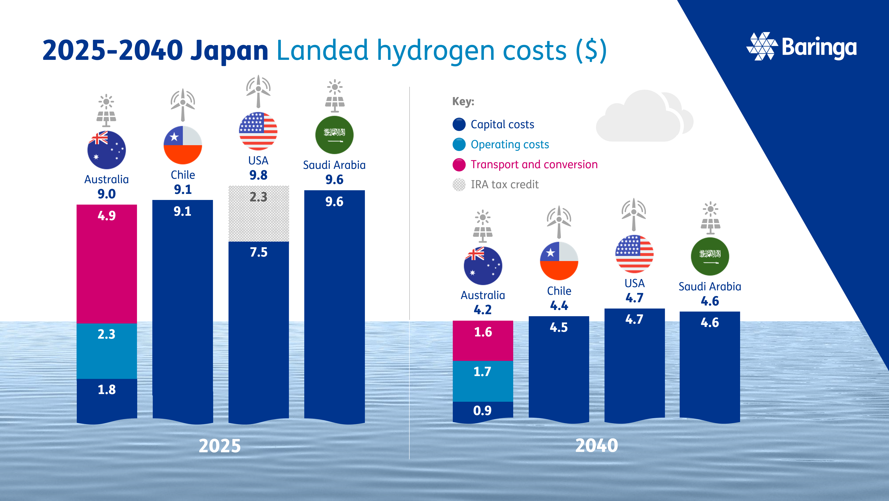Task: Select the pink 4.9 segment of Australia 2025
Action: click(107, 264)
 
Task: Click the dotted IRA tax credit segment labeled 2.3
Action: click(258, 213)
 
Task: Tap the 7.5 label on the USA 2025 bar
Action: click(258, 252)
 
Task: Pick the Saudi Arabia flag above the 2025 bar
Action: click(334, 135)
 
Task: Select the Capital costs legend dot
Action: click(459, 124)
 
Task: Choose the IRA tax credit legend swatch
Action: click(459, 184)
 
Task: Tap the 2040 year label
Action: click(596, 445)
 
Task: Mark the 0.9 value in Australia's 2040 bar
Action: click(482, 411)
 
